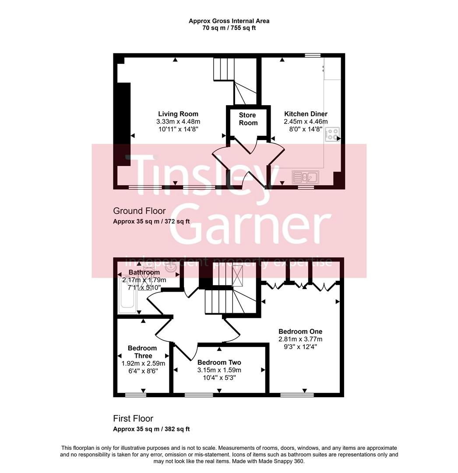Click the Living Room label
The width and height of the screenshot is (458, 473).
[x=178, y=114]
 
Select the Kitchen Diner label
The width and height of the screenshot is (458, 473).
[x=306, y=114]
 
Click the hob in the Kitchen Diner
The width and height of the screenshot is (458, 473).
[x=332, y=134]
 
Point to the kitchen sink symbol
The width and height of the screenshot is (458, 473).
[x=306, y=177]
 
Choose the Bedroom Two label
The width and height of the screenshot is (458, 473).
[x=219, y=363]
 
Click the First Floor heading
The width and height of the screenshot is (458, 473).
[x=133, y=419]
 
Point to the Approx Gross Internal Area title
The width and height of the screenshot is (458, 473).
[x=229, y=21]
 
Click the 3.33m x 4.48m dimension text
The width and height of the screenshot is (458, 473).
[x=178, y=122]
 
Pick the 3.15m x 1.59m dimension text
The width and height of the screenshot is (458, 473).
[x=219, y=370]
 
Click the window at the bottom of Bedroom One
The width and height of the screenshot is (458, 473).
[x=297, y=395]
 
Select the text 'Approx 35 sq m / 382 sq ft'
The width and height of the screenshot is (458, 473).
[x=151, y=429]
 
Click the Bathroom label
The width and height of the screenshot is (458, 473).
[x=144, y=273]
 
